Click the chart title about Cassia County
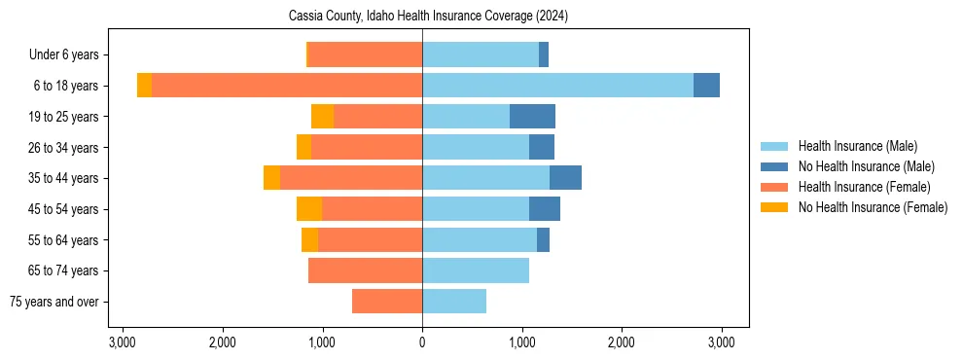428,17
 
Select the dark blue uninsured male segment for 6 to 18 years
706,86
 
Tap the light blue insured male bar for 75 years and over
454,302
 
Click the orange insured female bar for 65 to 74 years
365,270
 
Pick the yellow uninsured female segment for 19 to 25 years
322,117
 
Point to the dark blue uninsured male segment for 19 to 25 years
532,117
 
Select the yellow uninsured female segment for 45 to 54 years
309,209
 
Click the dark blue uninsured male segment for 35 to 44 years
565,178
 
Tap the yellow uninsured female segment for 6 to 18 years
144,86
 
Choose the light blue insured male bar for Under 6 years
481,54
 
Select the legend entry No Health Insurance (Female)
873,207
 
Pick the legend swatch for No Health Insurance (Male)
775,166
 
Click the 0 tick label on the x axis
422,342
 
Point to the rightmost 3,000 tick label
721,342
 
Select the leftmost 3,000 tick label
123,342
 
